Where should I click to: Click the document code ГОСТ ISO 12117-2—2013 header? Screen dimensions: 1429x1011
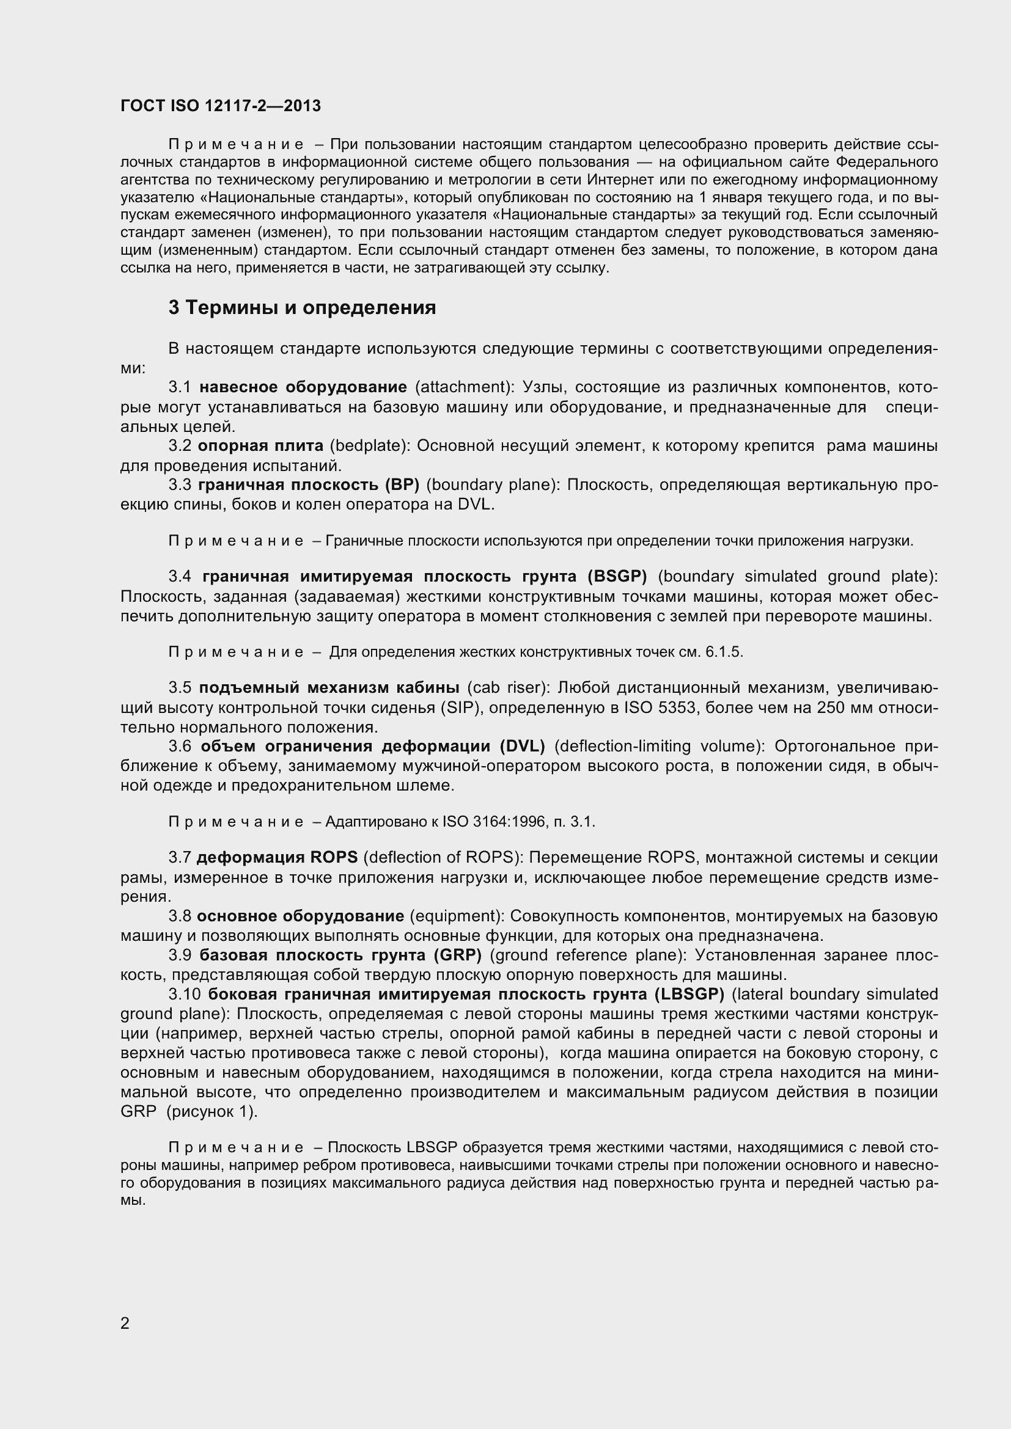(x=221, y=106)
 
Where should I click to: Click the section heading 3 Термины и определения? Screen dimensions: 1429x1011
(x=302, y=307)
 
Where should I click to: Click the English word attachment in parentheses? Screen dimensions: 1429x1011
(x=465, y=387)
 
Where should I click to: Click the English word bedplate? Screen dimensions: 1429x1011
(x=370, y=445)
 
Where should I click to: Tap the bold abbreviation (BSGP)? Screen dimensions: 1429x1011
(x=617, y=576)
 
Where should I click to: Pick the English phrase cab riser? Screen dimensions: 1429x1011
(x=509, y=688)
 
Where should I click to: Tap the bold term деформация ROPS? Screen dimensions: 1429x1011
(x=277, y=858)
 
